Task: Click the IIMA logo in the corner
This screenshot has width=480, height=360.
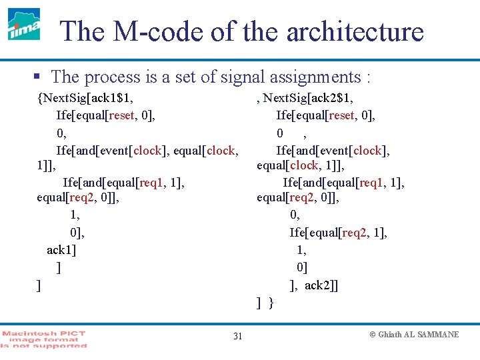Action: tap(24, 25)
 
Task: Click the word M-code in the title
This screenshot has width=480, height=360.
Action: tap(147, 31)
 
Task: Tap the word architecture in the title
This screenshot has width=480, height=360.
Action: tap(353, 31)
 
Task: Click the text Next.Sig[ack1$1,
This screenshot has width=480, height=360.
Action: tap(86, 98)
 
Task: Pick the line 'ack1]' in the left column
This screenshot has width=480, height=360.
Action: tap(61, 250)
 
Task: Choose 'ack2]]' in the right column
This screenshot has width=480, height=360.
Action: tap(321, 285)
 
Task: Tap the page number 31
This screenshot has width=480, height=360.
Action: tap(237, 336)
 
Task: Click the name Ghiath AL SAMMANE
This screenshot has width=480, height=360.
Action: tap(419, 335)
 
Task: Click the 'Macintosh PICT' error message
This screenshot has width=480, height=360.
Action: tap(44, 339)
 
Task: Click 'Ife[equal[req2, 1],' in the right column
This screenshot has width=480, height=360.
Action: tap(339, 232)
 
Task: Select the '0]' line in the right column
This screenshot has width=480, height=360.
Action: tap(302, 267)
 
